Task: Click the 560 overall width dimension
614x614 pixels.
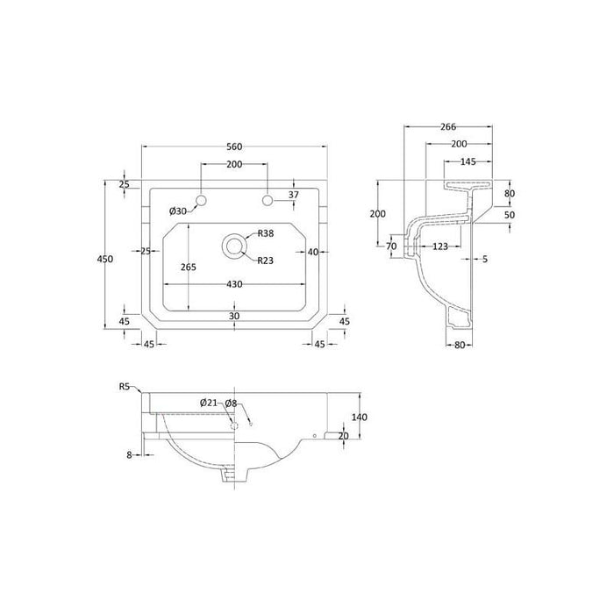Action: (x=233, y=146)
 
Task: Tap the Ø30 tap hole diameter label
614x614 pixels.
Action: (x=177, y=211)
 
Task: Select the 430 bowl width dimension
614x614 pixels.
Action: (x=233, y=284)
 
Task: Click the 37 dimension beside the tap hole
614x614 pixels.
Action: (x=294, y=195)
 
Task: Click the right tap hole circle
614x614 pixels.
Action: (x=267, y=202)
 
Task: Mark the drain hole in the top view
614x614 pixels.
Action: (x=233, y=246)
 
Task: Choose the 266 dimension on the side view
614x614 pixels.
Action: (x=447, y=125)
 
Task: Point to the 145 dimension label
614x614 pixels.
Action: (x=468, y=161)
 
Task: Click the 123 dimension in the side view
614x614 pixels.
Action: (x=440, y=246)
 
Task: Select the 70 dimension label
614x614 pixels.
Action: (x=391, y=246)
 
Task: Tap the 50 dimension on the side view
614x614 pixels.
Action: (x=510, y=214)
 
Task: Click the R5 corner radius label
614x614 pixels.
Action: (x=125, y=385)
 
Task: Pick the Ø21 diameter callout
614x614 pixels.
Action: (x=208, y=403)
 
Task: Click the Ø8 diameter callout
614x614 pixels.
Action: (x=231, y=403)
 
